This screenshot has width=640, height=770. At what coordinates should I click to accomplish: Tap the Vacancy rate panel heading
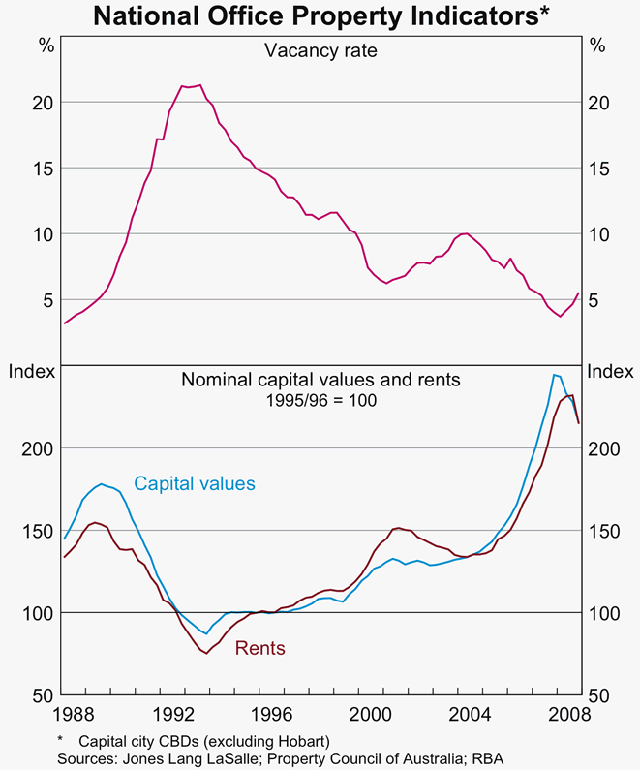pyautogui.click(x=320, y=49)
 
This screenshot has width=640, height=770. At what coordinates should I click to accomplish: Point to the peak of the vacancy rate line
pyautogui.click(x=198, y=85)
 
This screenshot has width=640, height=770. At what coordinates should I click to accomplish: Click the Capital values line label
pyautogui.click(x=194, y=482)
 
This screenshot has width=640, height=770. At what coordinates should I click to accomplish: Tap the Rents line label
pyautogui.click(x=260, y=648)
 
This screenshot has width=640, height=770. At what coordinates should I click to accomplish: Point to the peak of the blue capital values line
pyautogui.click(x=554, y=374)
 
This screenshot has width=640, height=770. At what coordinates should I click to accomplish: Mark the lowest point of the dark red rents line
pyautogui.click(x=205, y=654)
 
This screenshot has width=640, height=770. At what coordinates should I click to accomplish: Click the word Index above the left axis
pyautogui.click(x=29, y=372)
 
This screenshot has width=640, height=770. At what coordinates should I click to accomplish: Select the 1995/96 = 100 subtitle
pyautogui.click(x=320, y=399)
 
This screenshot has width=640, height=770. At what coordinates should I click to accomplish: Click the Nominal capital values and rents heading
pyautogui.click(x=320, y=380)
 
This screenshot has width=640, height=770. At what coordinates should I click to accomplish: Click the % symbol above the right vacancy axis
pyautogui.click(x=597, y=46)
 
